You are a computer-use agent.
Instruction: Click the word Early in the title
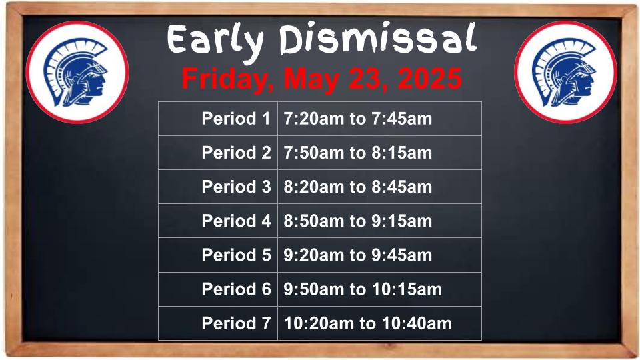pos(215,41)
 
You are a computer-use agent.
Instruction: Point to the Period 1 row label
pos(236,119)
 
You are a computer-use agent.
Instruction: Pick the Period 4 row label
pos(236,221)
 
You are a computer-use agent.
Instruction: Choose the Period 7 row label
pos(236,323)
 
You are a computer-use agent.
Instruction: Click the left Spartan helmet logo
pos(77,72)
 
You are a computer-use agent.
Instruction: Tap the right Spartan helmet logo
pos(565,72)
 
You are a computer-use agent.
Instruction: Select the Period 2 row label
pos(236,153)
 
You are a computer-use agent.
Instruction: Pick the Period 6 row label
pos(236,289)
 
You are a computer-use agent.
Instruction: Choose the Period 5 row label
pos(236,255)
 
